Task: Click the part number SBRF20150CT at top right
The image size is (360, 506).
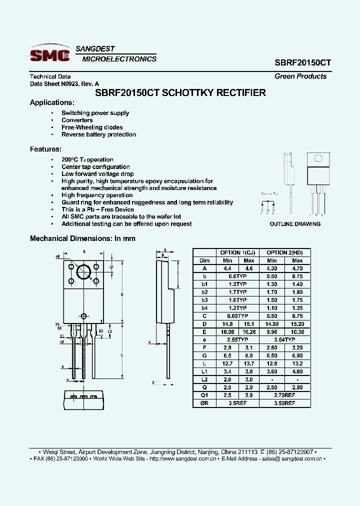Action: pyautogui.click(x=302, y=63)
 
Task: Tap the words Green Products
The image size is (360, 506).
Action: pyautogui.click(x=300, y=76)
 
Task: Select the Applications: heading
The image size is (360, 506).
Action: pyautogui.click(x=52, y=102)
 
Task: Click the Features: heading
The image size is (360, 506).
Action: pyautogui.click(x=46, y=149)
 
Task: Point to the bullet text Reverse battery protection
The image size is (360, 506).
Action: pyautogui.click(x=98, y=134)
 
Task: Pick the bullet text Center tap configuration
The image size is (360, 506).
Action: pyautogui.click(x=95, y=167)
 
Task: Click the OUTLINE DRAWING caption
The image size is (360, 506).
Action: pyautogui.click(x=295, y=224)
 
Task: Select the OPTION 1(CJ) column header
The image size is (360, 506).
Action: pyautogui.click(x=238, y=252)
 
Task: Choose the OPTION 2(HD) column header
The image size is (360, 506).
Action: pyautogui.click(x=285, y=252)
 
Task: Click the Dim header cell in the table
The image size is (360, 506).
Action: pyautogui.click(x=205, y=260)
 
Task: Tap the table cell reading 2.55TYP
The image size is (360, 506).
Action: pyautogui.click(x=238, y=339)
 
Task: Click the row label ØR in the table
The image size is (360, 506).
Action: pyautogui.click(x=205, y=402)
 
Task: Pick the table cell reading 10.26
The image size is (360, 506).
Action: pyautogui.click(x=249, y=331)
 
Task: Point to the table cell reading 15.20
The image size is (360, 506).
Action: pyautogui.click(x=297, y=323)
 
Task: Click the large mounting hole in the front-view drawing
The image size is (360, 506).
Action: pyautogui.click(x=83, y=271)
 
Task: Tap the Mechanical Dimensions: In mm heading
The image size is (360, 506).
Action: pyautogui.click(x=82, y=238)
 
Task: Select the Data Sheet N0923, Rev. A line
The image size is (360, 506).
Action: pyautogui.click(x=64, y=84)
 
